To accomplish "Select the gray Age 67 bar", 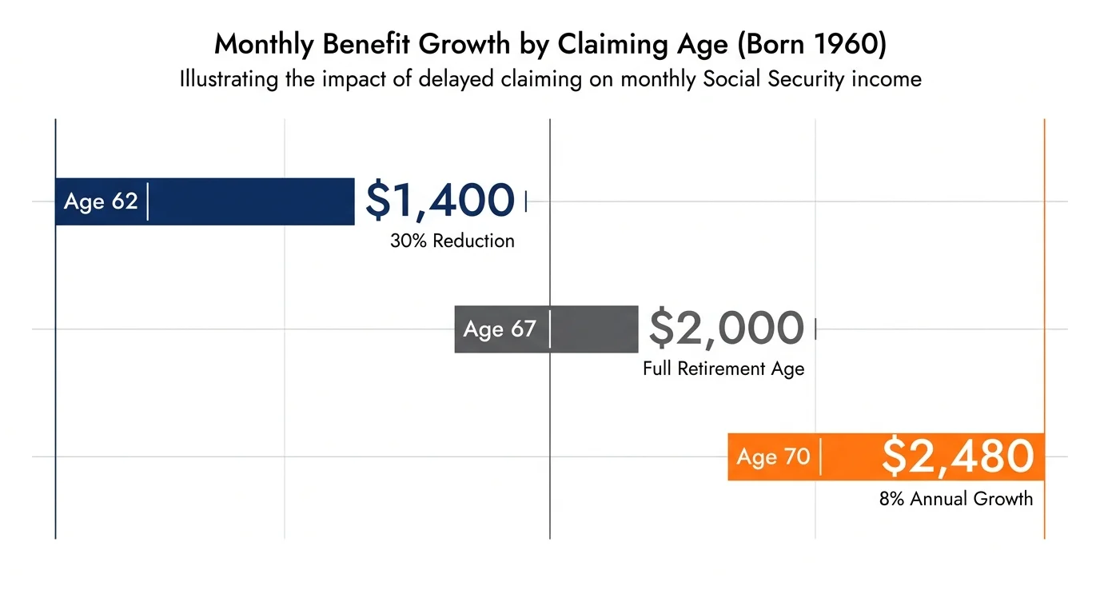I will pos(592,329).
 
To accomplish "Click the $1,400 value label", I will pos(440,200).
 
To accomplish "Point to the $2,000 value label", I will pos(726,328).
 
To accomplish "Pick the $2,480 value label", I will pos(958,456).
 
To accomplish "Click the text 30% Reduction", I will pos(452,241).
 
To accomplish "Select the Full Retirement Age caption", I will pos(723,369).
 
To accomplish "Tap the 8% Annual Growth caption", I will pos(956,499).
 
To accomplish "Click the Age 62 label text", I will pos(101,201).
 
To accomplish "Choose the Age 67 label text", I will pos(500,329).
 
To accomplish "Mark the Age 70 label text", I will pos(773,457).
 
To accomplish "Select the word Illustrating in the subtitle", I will pos(230,79).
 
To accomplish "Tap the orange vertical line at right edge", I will pos(1044,320).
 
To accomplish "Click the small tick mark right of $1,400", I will pos(525,201).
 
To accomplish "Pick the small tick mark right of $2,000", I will pos(815,329).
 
